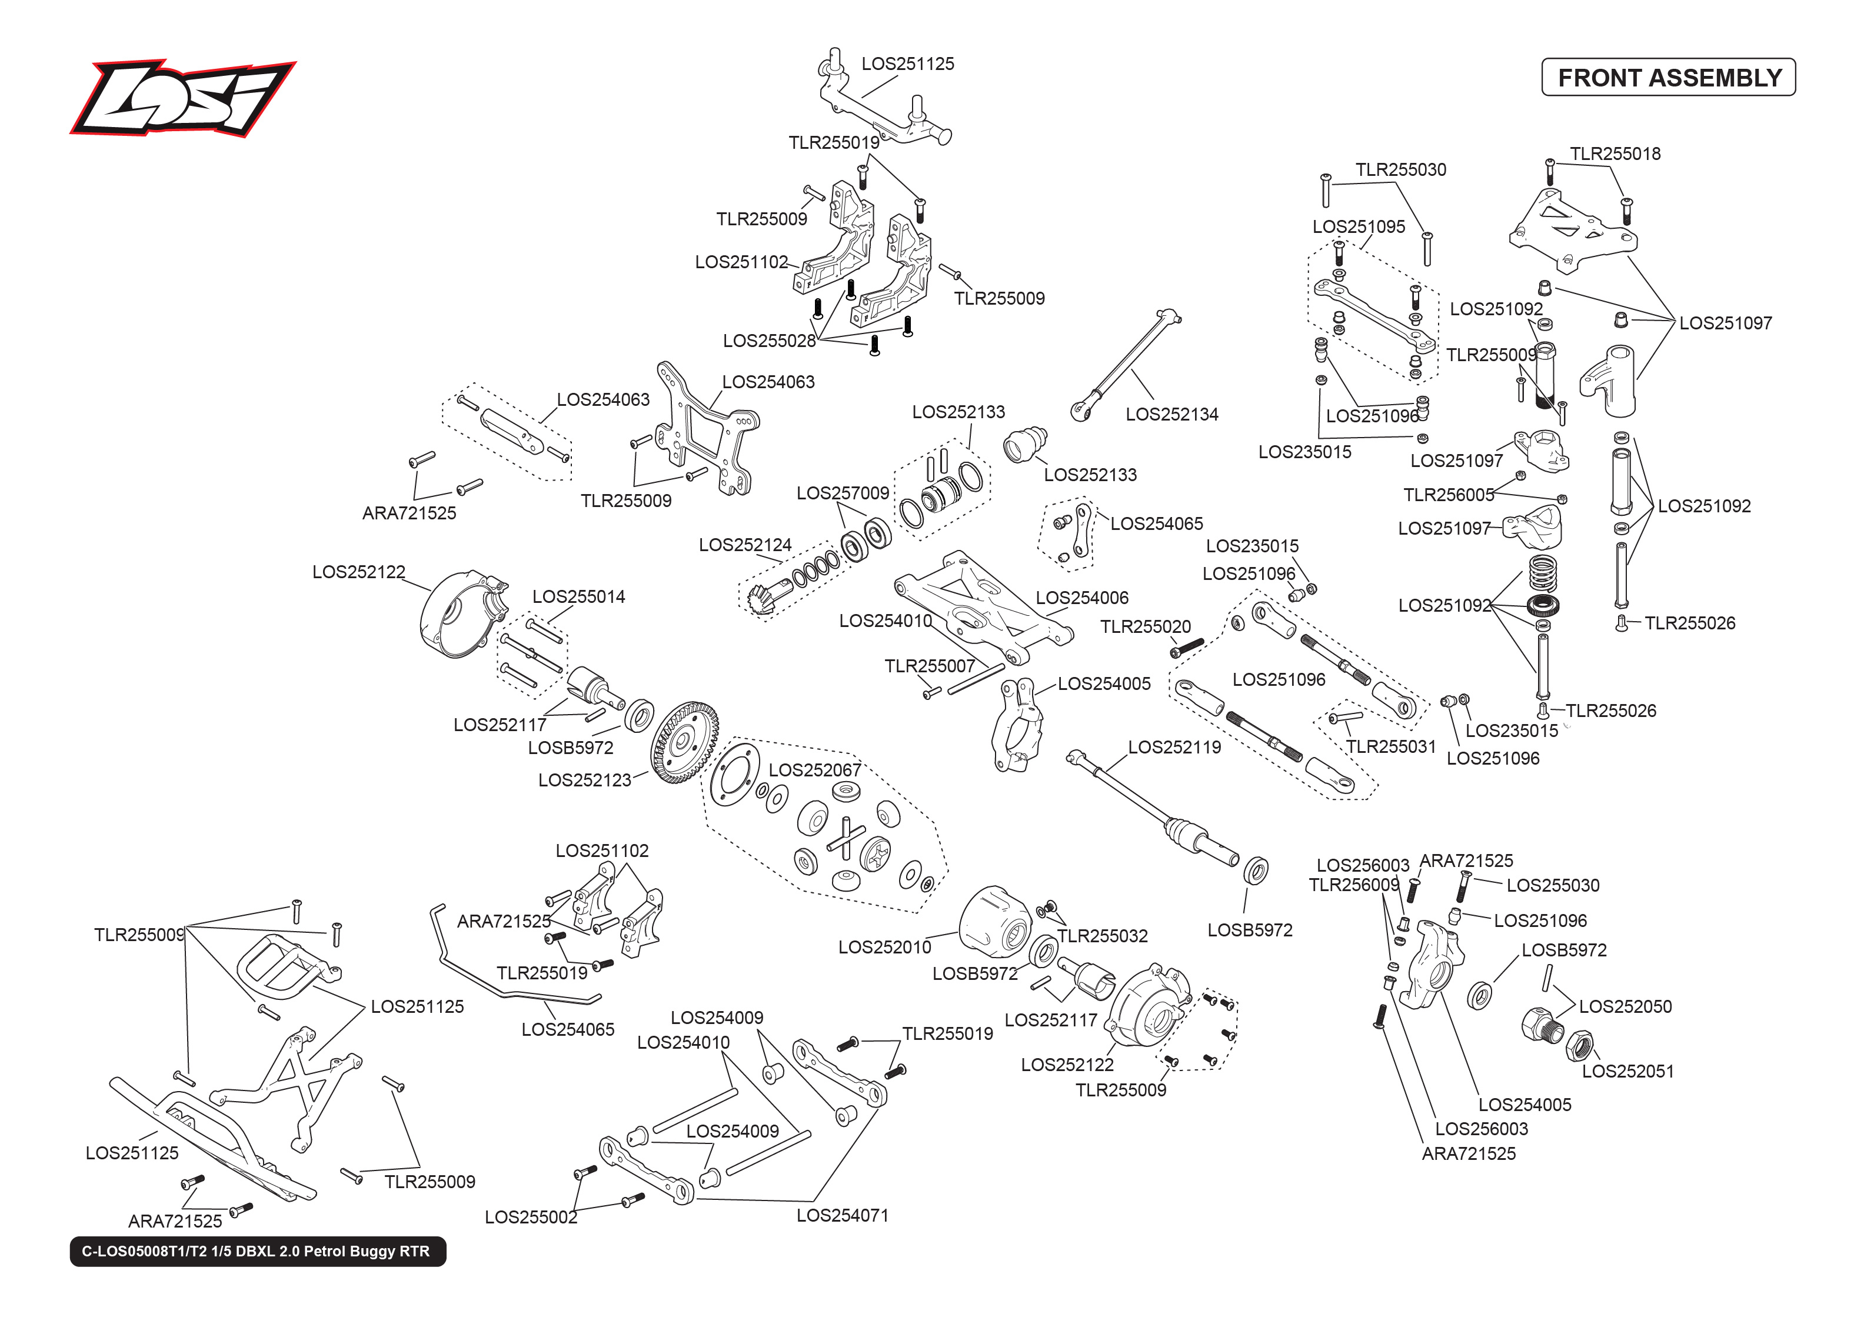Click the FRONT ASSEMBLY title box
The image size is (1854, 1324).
(1668, 78)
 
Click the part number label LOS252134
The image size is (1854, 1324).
(1171, 414)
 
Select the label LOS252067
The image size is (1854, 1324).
(814, 769)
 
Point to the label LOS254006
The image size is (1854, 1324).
(1082, 598)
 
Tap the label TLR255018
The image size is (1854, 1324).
(1615, 154)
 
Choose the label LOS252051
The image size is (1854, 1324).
(1627, 1071)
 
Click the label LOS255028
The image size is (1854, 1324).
(769, 341)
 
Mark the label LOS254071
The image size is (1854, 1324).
(842, 1215)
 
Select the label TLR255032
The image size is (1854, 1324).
(1102, 936)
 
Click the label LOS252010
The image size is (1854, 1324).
(884, 946)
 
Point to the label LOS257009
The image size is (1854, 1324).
(842, 493)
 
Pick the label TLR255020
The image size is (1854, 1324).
(1146, 626)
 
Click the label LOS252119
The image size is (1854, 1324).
(1174, 747)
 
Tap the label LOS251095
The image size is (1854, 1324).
(1359, 226)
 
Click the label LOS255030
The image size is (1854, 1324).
(1552, 885)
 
